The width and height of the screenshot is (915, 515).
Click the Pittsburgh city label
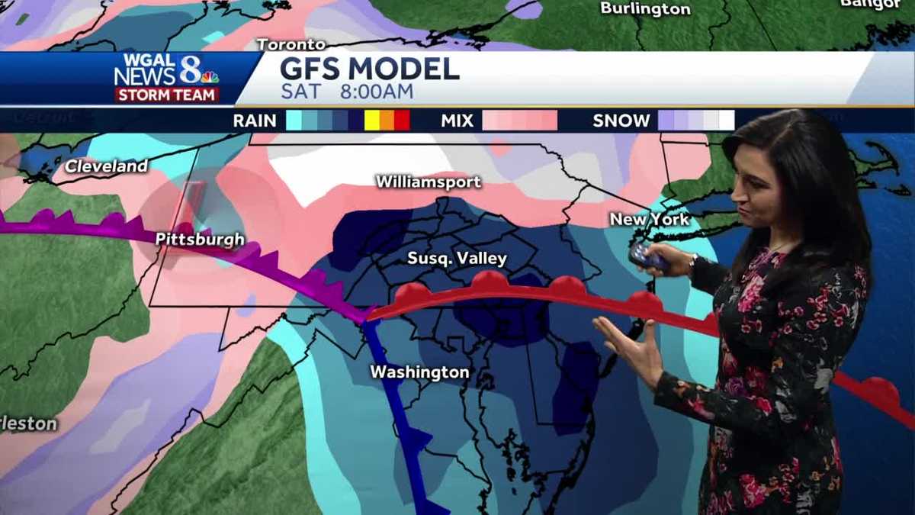pyautogui.click(x=200, y=239)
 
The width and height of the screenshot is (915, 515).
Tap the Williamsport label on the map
pyautogui.click(x=428, y=182)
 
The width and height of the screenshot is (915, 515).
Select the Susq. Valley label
pyautogui.click(x=457, y=258)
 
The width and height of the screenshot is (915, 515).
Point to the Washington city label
pyautogui.click(x=419, y=372)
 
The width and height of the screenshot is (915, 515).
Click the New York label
pyautogui.click(x=649, y=219)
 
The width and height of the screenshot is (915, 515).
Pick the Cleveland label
pyautogui.click(x=106, y=166)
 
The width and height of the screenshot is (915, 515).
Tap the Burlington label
pyautogui.click(x=645, y=8)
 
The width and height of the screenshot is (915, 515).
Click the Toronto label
pyautogui.click(x=291, y=44)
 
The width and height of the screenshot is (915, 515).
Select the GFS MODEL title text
pyautogui.click(x=370, y=69)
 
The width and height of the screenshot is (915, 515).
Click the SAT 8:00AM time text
pyautogui.click(x=347, y=92)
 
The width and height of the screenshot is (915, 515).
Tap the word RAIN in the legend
pyautogui.click(x=255, y=121)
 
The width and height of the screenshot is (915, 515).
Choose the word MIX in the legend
pyautogui.click(x=457, y=121)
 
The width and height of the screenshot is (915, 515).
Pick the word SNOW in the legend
pyautogui.click(x=621, y=121)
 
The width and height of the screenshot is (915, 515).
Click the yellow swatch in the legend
pyautogui.click(x=371, y=121)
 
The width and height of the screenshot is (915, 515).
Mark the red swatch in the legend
pyautogui.click(x=402, y=121)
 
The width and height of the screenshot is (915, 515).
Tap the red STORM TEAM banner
pyautogui.click(x=168, y=95)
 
